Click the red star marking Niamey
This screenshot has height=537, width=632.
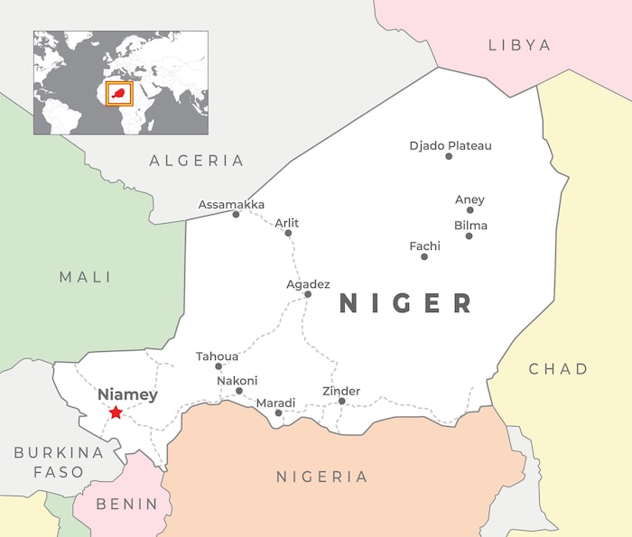pyautogui.click(x=116, y=412)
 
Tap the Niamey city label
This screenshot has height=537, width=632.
pyautogui.click(x=127, y=394)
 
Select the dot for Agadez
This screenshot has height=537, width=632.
pyautogui.click(x=308, y=294)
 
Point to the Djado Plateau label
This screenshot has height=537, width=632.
pyautogui.click(x=451, y=145)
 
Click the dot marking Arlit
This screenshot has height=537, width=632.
pyautogui.click(x=288, y=233)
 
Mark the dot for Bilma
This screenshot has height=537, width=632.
pyautogui.click(x=469, y=236)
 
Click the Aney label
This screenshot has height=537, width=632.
pyautogui.click(x=469, y=199)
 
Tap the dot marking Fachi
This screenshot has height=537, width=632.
pyautogui.click(x=424, y=256)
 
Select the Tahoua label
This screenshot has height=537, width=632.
pyautogui.click(x=218, y=356)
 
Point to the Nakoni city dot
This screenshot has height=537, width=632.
pyautogui.click(x=239, y=392)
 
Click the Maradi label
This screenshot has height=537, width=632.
pyautogui.click(x=275, y=402)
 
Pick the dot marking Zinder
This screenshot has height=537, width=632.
pyautogui.click(x=341, y=401)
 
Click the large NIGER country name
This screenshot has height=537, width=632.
pyautogui.click(x=406, y=303)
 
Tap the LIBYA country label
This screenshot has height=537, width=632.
pyautogui.click(x=519, y=44)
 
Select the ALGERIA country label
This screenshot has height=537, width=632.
pyautogui.click(x=197, y=161)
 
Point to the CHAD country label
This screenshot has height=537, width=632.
pyautogui.click(x=558, y=368)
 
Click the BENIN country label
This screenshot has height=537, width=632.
pyautogui.click(x=126, y=504)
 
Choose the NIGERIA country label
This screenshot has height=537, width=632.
pyautogui.click(x=322, y=477)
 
